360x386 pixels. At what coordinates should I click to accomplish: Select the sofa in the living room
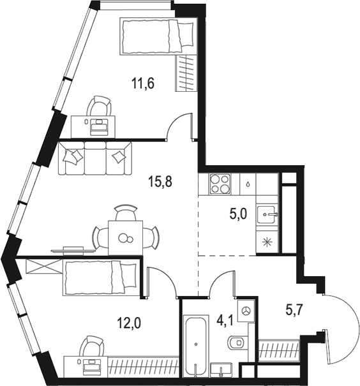pos(95,158)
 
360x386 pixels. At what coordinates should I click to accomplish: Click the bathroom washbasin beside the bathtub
pos(223,370)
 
